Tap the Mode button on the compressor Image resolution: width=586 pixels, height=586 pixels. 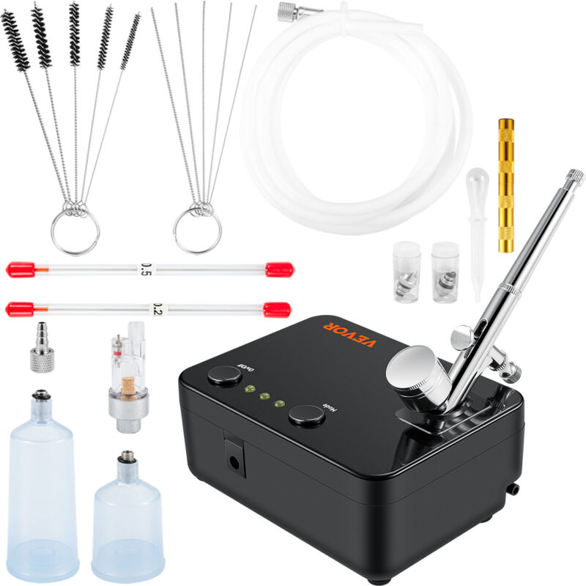307,416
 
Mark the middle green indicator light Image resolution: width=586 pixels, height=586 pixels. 264,396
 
